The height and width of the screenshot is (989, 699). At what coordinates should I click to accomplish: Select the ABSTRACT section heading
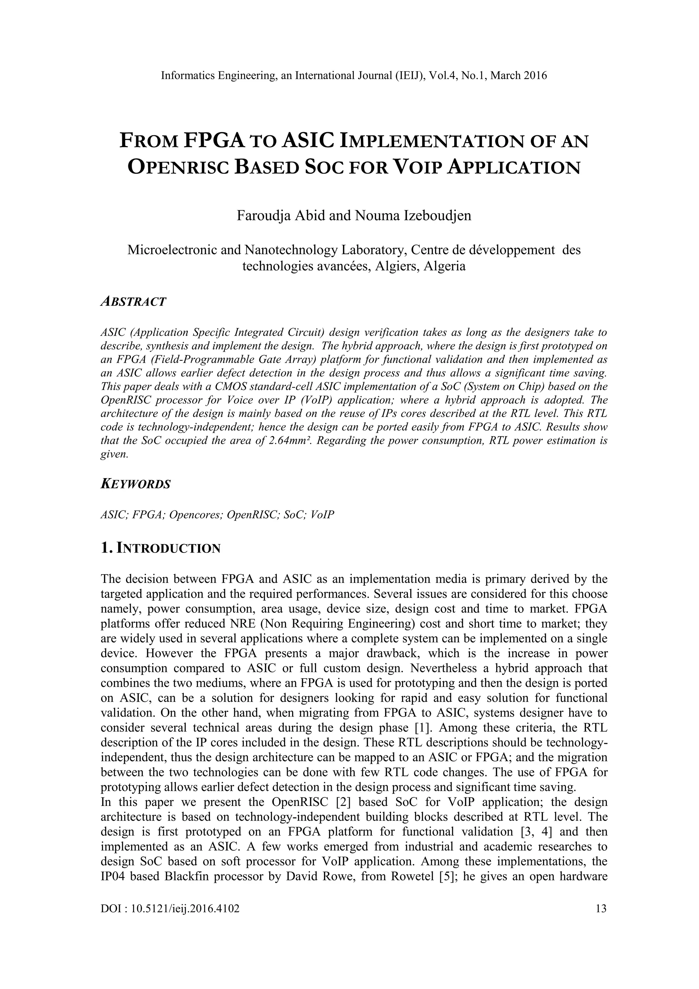pos(133,302)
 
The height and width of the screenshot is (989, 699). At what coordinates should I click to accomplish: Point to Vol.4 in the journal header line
pos(442,76)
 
